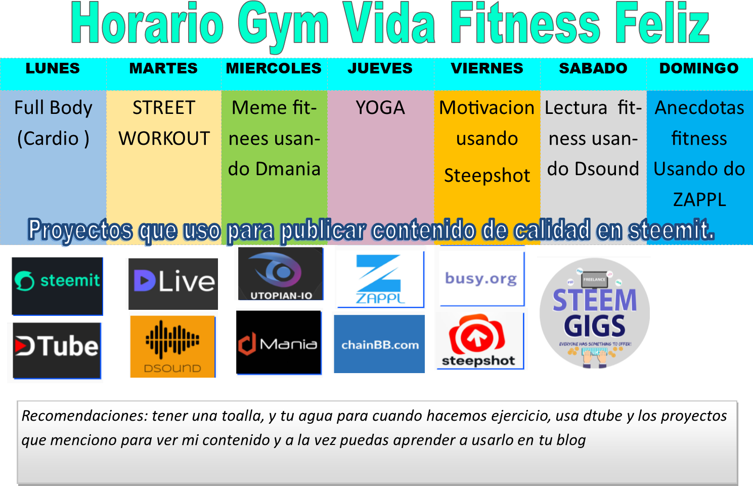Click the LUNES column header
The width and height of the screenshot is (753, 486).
[x=53, y=68]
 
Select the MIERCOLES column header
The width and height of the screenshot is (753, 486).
[x=274, y=68]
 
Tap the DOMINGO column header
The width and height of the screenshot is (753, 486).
[x=699, y=68]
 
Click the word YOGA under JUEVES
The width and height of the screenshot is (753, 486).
[x=380, y=108]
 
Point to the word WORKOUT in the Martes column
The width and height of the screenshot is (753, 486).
[x=164, y=138]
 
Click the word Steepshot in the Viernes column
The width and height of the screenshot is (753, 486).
[x=487, y=176]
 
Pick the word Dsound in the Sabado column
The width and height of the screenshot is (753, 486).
[x=607, y=169]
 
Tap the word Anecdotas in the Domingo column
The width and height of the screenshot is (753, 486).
[x=699, y=108]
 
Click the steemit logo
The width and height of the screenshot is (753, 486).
[x=57, y=286]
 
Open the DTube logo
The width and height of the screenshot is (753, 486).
[x=57, y=350]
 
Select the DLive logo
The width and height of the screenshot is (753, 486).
[x=173, y=283]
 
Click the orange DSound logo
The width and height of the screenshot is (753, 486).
[x=172, y=346]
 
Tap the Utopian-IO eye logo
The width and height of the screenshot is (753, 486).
[x=280, y=273]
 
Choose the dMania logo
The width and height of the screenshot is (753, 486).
[x=278, y=342]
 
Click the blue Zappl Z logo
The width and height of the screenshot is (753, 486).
[x=380, y=279]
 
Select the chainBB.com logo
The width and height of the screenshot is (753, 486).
[x=379, y=344]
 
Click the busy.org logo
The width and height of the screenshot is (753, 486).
[x=482, y=278]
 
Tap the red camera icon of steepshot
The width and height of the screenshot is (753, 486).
[x=477, y=335]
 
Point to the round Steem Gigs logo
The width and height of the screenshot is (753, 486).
[x=594, y=313]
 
